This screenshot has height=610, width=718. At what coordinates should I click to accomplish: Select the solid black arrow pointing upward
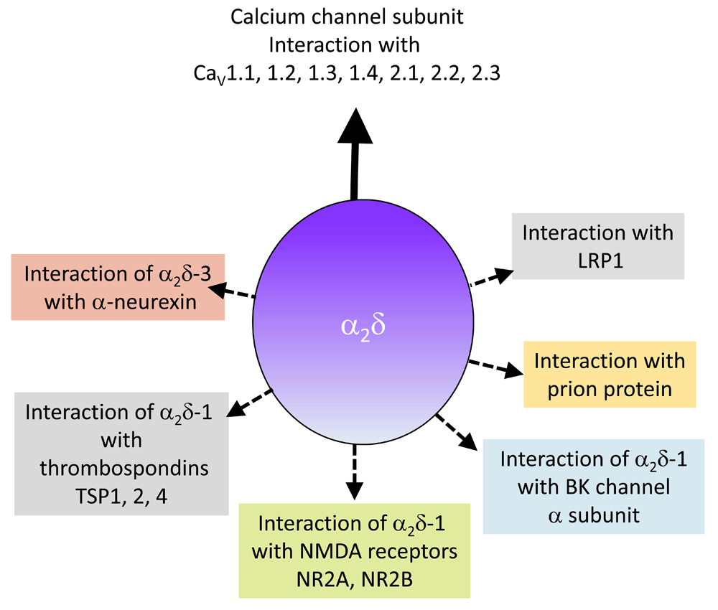tap(355, 154)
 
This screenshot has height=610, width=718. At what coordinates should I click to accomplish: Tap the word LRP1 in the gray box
tap(600, 261)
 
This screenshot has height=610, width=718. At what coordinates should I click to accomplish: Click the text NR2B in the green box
tap(387, 580)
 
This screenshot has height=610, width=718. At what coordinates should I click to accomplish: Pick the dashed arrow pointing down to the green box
tap(355, 471)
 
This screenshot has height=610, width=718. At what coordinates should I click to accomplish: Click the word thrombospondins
tap(124, 469)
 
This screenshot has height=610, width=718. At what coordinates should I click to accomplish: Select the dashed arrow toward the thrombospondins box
tap(250, 403)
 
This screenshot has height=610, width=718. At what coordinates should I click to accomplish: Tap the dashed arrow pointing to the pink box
tap(232, 291)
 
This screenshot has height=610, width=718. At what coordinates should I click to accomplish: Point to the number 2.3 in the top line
tap(486, 73)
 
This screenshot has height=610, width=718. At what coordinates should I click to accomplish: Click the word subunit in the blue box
tap(604, 516)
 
